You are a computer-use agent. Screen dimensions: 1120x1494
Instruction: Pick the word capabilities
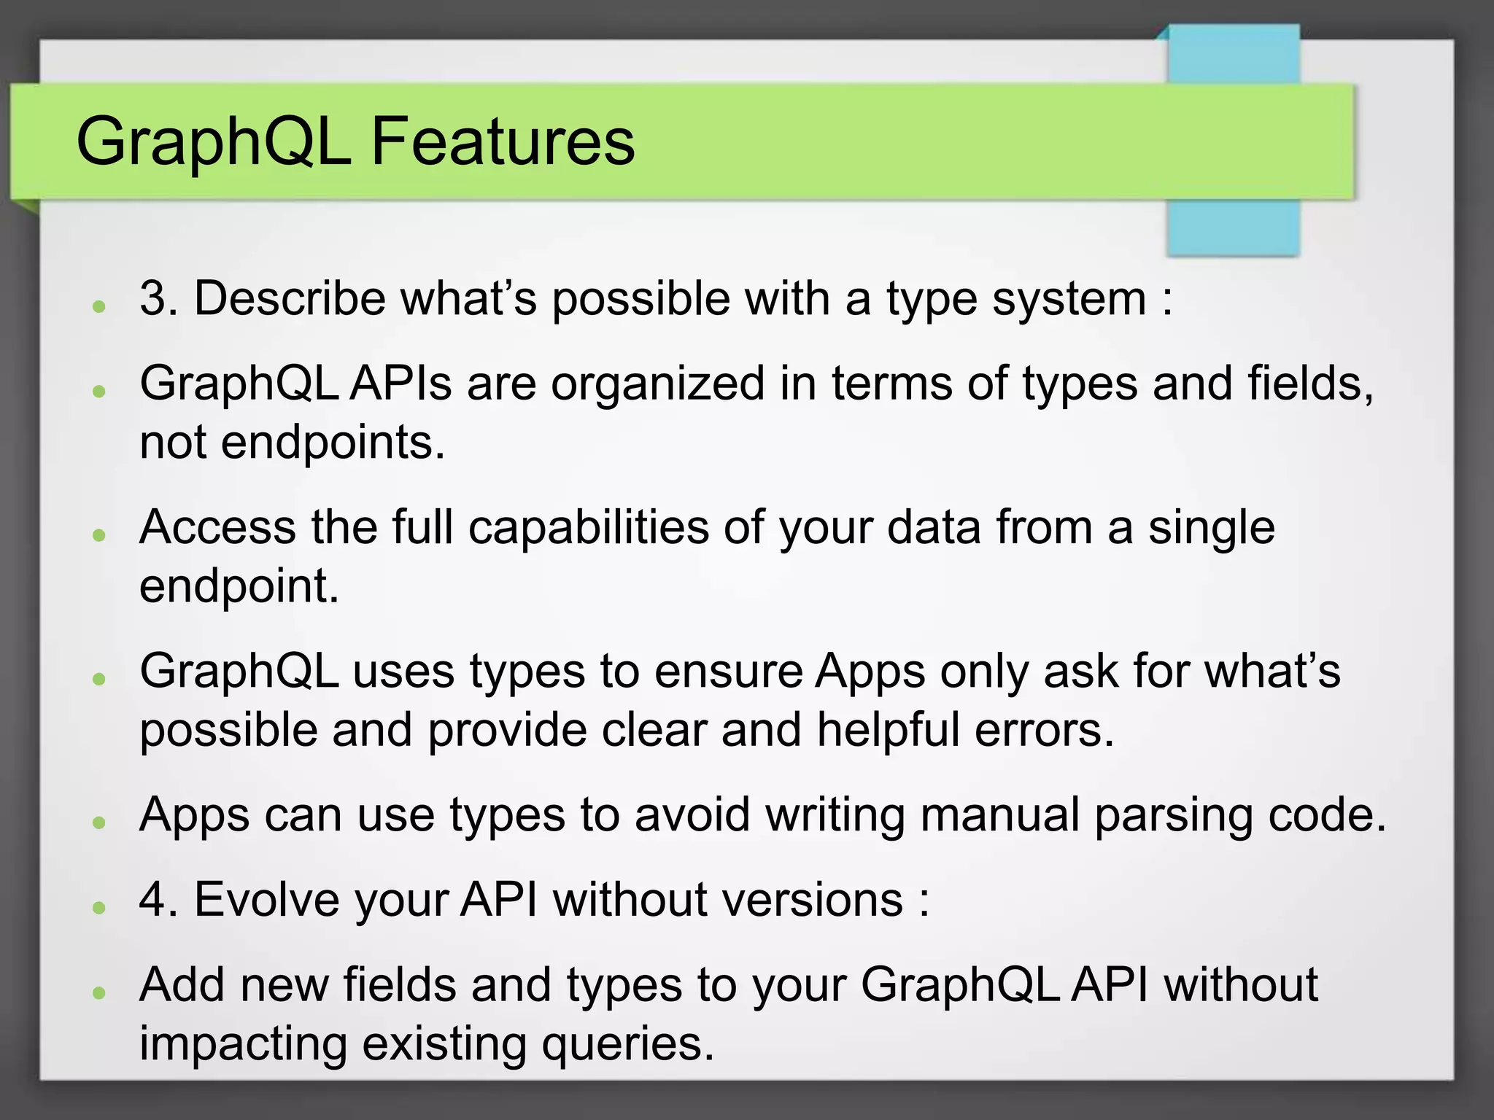click(588, 527)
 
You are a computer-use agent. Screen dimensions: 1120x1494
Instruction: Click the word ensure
click(728, 671)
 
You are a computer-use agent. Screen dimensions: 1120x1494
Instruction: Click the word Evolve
click(266, 899)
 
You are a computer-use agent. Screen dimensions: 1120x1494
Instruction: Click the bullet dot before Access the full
click(100, 535)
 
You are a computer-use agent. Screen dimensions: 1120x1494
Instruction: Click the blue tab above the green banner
click(1233, 55)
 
